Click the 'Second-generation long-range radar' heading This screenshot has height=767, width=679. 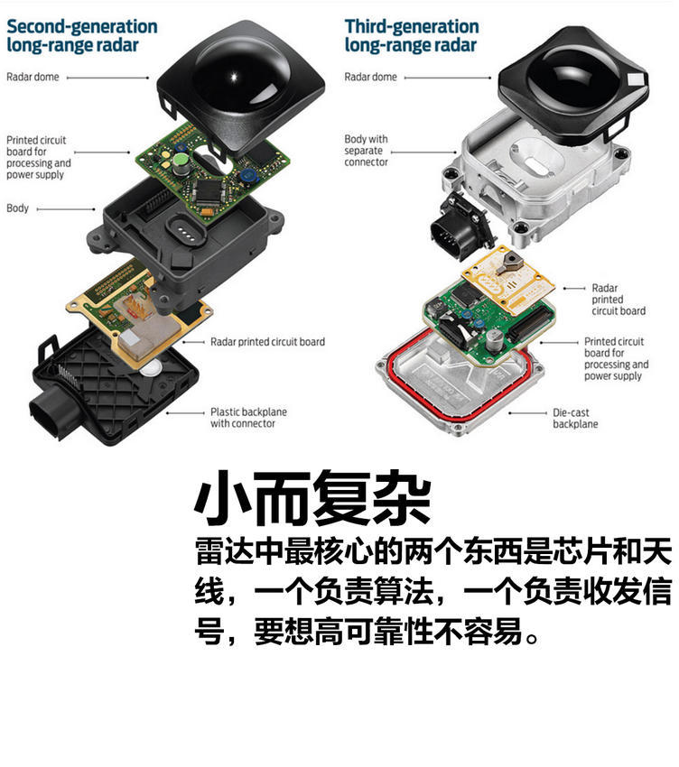click(82, 35)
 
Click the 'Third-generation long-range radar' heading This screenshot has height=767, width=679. click(411, 35)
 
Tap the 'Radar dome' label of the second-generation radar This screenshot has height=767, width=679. click(33, 77)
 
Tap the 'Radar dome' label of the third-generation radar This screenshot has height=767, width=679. click(370, 77)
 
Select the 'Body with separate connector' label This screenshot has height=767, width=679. click(366, 151)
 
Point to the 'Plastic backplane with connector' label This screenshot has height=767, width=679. click(248, 418)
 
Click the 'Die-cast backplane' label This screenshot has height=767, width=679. click(575, 418)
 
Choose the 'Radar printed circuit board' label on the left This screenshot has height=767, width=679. click(268, 342)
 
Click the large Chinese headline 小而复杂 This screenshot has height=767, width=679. click(312, 498)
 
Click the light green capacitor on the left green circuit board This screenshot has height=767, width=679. click(181, 161)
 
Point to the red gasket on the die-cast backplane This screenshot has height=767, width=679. click(458, 376)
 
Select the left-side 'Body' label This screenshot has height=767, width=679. click(18, 208)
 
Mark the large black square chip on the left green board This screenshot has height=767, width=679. click(209, 190)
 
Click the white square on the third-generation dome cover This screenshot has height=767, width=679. click(635, 79)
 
